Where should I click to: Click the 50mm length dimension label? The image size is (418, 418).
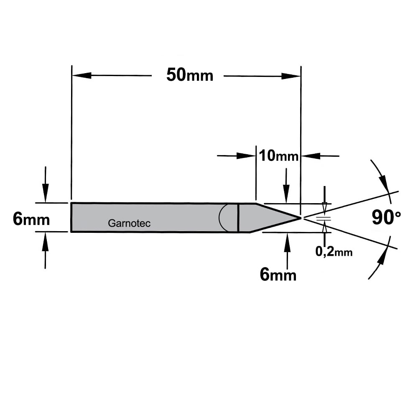(190, 75)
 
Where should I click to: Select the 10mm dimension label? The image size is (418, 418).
(278, 155)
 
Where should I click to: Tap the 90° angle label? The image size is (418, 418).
(386, 217)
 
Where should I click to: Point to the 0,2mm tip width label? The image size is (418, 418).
(334, 251)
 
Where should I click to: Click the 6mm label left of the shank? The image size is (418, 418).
(31, 219)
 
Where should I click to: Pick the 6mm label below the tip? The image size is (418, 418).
(278, 275)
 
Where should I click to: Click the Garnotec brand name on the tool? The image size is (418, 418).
(129, 223)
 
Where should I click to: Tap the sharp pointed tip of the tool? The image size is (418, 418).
(301, 218)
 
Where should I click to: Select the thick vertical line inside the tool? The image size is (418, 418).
(238, 218)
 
